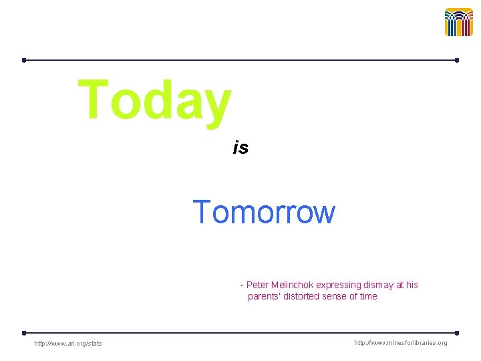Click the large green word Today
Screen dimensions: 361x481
point(154,100)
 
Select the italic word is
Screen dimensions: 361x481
point(240,148)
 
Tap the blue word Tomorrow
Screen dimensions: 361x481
point(264,213)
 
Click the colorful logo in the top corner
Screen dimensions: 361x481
point(458,22)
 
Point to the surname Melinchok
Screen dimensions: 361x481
point(293,285)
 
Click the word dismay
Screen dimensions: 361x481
point(379,285)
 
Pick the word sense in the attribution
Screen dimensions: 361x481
point(341,296)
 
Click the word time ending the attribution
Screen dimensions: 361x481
point(368,296)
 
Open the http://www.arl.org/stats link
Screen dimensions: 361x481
point(68,344)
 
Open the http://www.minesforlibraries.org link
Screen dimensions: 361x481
point(400,343)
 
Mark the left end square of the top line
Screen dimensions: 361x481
point(24,60)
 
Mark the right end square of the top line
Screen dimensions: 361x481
point(457,60)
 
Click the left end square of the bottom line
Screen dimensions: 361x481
point(24,332)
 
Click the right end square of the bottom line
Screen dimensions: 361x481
point(457,332)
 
